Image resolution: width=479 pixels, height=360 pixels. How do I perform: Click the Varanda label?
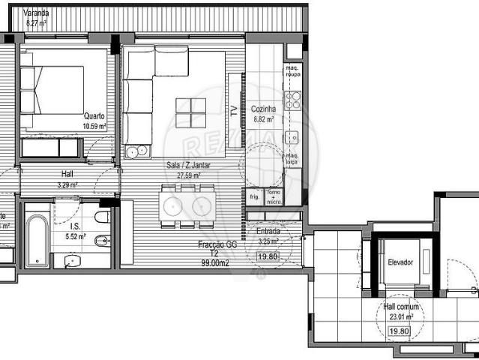[x=36, y=13]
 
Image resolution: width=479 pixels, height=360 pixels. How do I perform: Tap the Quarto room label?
[x=94, y=115]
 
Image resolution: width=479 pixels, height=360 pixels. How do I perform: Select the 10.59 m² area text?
[x=94, y=126]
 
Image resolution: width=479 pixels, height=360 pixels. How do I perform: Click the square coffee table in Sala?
[x=190, y=113]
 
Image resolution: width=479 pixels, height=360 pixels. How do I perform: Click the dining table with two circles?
[x=187, y=205]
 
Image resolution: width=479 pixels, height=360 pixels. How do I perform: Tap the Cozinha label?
[x=263, y=109]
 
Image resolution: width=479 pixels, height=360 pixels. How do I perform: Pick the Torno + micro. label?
[x=274, y=196]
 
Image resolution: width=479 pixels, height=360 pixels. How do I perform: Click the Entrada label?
[x=268, y=231]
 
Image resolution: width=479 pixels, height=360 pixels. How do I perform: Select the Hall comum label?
[x=401, y=307]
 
